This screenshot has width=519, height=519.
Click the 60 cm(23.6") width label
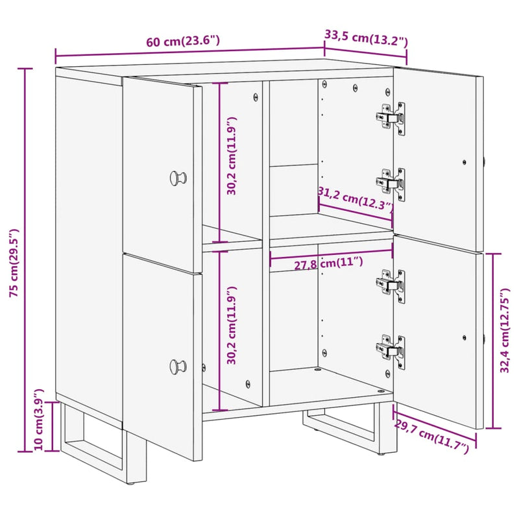pos(183,42)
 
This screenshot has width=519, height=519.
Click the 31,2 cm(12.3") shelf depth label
pos(356,199)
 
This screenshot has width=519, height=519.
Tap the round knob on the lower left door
pos(177,367)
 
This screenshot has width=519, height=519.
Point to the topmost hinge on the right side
pos(392,117)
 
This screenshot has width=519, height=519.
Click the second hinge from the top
pos(392,183)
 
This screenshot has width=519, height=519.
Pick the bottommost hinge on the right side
pos(392,350)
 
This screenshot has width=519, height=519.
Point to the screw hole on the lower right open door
pos(465,337)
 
